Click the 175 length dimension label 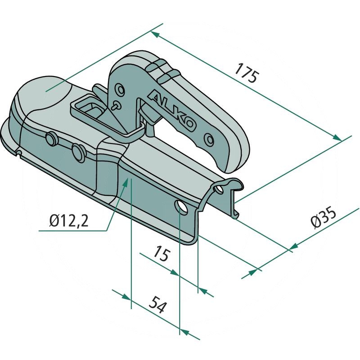click(x=247, y=72)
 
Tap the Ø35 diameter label click(x=323, y=217)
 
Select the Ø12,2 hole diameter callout click(x=69, y=220)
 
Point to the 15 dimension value click(x=162, y=253)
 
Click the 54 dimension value click(x=158, y=305)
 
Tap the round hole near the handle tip click(x=209, y=139)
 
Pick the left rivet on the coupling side click(x=51, y=138)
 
